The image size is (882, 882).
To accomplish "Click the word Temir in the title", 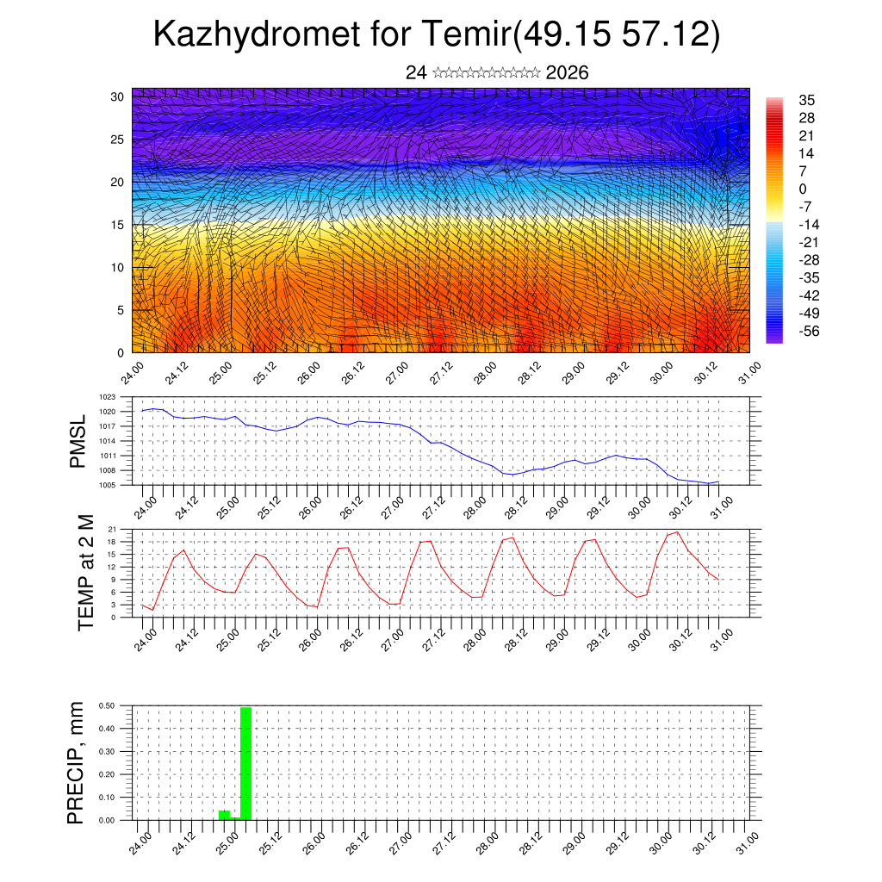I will (466, 34).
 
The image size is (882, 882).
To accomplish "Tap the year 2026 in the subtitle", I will (567, 73).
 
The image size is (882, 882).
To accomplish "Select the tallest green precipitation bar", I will (246, 762).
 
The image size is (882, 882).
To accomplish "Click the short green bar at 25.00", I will (224, 815).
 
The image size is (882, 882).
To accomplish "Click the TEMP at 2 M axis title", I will (85, 572).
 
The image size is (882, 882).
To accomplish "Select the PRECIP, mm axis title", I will (78, 762).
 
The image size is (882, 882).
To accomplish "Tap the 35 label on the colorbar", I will (806, 101).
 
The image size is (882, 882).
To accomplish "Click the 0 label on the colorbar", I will (803, 189).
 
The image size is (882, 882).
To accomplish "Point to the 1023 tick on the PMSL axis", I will (108, 398).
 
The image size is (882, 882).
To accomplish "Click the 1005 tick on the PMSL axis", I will (108, 486).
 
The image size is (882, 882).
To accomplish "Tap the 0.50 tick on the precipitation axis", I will (107, 705).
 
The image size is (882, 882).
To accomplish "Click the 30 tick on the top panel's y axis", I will (117, 96).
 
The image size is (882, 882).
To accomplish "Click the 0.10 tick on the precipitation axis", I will (107, 798).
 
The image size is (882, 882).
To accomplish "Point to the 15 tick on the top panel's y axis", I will (117, 225).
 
